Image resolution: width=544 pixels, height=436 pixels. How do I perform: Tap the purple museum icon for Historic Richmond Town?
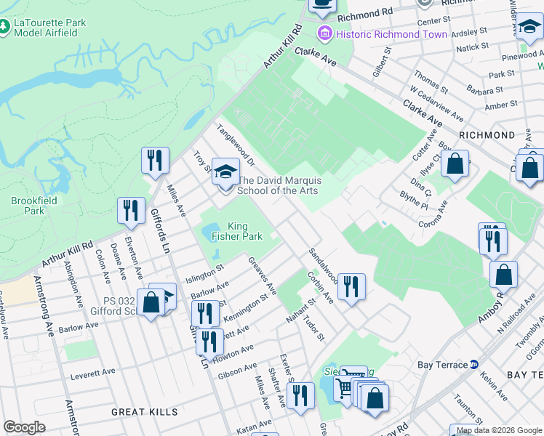(324, 34)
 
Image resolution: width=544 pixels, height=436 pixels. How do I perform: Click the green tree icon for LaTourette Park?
(5, 28)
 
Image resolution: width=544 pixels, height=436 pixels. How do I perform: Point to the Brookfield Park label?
(28, 206)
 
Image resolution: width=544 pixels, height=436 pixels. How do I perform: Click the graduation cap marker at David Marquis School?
(225, 173)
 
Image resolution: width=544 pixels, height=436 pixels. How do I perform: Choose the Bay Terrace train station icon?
(473, 364)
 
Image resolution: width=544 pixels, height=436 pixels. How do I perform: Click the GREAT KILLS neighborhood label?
(144, 411)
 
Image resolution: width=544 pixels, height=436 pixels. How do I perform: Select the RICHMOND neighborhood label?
(487, 135)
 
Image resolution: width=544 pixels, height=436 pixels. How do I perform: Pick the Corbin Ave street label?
(319, 288)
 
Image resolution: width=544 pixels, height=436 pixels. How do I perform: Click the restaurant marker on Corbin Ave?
(351, 286)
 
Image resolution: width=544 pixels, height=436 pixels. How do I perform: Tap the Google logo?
(24, 427)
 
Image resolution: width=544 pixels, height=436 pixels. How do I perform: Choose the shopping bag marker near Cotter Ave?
(455, 164)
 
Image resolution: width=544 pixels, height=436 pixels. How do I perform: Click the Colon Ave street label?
(101, 266)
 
